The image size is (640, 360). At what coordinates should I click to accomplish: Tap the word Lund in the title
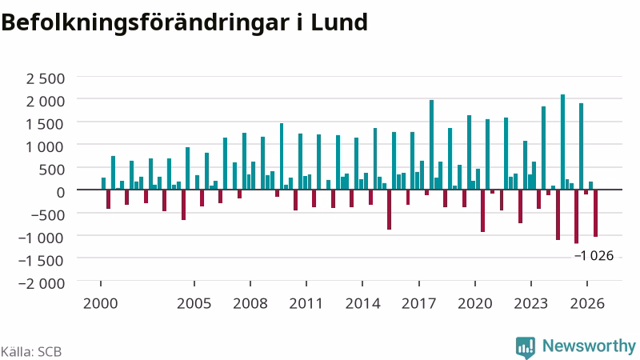pos(339,22)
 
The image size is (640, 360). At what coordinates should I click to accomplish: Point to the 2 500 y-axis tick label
pos(46,78)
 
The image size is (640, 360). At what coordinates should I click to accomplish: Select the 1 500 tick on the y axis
pos(46,124)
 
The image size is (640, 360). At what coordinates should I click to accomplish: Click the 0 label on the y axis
pos(61,192)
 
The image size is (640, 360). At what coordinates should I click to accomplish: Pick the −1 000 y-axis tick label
pos(42,237)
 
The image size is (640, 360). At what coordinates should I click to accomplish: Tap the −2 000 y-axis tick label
pos(42,282)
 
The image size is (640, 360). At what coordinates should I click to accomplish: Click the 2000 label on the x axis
pos(101,303)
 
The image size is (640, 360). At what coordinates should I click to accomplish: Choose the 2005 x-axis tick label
pos(194,303)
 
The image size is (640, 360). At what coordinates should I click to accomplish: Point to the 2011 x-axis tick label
pos(306,303)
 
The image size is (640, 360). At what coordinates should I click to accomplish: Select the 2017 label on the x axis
pos(418,303)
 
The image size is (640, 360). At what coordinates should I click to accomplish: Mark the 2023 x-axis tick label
pos(530,303)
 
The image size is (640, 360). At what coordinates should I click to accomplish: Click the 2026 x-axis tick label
pos(587,303)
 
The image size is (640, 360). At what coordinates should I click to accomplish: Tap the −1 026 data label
pos(594,255)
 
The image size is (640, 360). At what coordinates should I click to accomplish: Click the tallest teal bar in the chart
pos(562,142)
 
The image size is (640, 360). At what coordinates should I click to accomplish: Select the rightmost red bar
pos(595,213)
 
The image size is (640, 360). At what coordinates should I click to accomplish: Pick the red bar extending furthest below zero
pos(576,216)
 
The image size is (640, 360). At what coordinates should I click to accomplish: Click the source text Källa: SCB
pos(31,351)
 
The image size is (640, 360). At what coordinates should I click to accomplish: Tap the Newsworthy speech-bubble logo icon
pos(526,348)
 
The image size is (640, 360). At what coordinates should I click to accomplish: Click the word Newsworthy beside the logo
pos(589,346)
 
